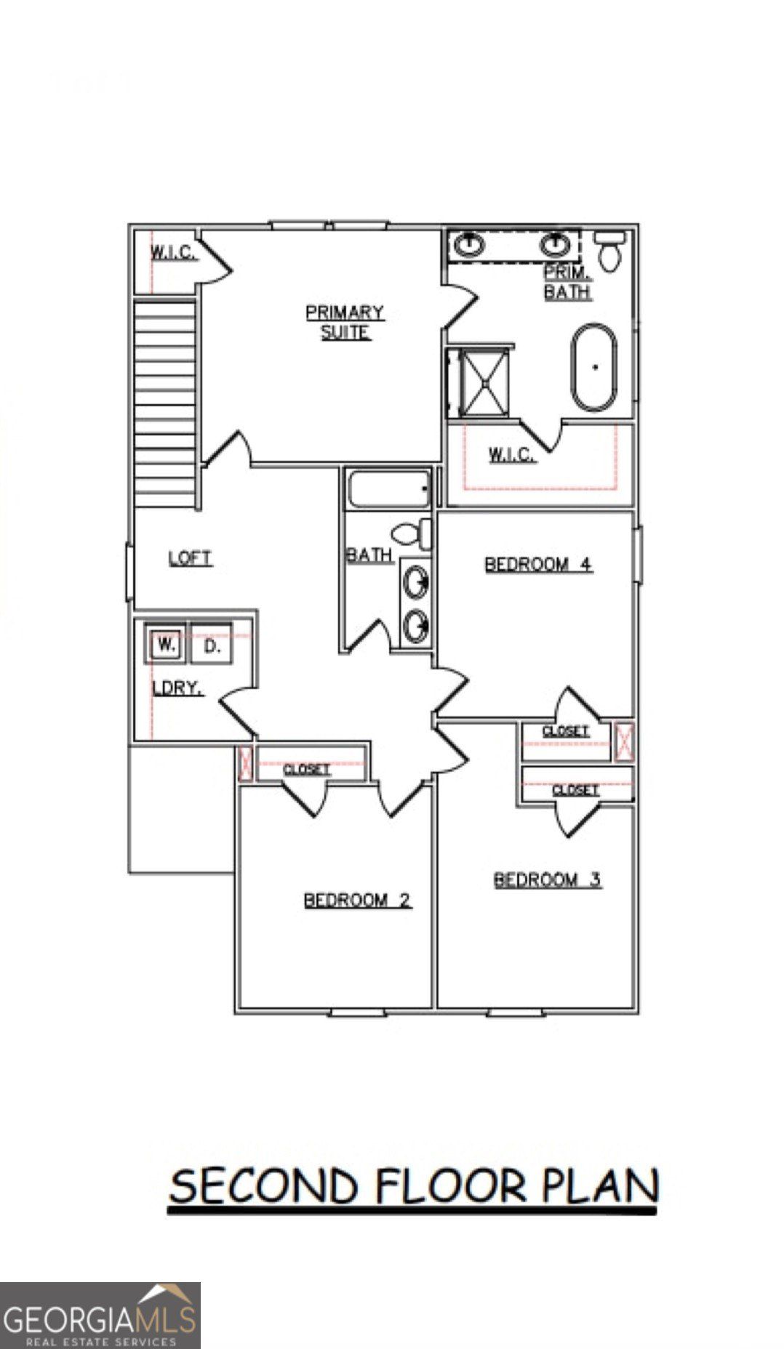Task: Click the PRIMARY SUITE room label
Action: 345,323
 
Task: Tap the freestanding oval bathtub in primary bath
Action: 594,367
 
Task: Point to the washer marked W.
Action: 167,645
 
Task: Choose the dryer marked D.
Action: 211,645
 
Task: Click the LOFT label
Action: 190,558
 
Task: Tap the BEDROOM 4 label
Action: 538,564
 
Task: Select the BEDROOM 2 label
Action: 357,901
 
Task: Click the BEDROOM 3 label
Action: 547,880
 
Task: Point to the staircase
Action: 165,403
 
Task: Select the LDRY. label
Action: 177,688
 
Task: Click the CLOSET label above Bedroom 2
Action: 306,769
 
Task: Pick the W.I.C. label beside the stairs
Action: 172,253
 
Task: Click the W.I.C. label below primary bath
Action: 511,455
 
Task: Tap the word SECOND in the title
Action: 263,1187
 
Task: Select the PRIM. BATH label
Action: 567,282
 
